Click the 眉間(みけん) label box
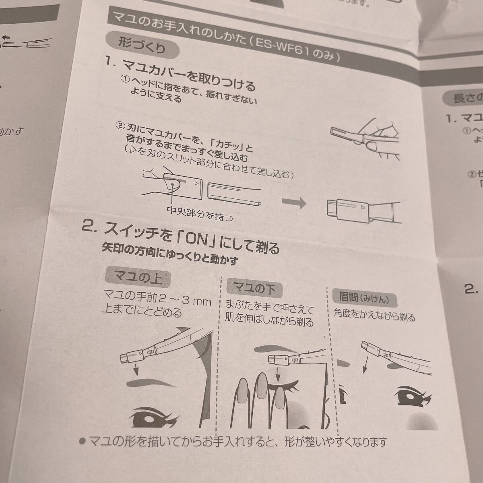365,298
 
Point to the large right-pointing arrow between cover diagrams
293,204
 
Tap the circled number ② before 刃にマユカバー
120,126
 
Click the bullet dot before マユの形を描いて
82,441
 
